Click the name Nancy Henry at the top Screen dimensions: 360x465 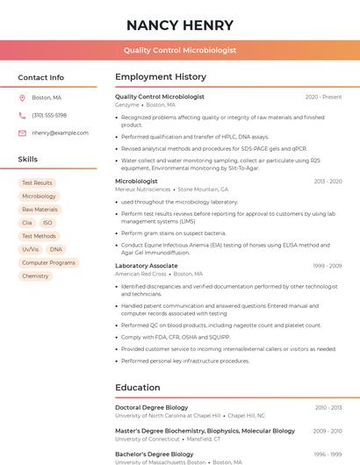point(180,25)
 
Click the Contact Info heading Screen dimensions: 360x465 point(41,77)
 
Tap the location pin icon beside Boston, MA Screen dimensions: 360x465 point(22,97)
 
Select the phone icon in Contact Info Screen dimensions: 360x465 point(22,115)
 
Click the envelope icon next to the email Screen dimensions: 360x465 point(22,132)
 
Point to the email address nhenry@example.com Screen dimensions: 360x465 point(61,132)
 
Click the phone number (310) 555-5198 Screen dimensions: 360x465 point(49,115)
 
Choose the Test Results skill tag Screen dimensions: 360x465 point(37,183)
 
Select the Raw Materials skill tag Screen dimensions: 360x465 point(40,210)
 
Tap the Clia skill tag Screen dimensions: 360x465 point(27,223)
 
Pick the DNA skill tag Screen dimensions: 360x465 point(56,249)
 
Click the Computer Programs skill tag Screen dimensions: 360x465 point(48,262)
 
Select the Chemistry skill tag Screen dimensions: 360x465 point(35,275)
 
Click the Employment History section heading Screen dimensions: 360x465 point(161,77)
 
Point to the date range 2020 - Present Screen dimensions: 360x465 point(323,97)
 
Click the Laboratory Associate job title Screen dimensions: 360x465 point(147,265)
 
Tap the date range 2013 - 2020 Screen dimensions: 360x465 point(328,181)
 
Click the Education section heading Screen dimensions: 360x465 point(137,387)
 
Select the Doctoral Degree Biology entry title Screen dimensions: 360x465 point(152,407)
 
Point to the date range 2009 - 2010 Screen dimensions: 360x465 point(328,431)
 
